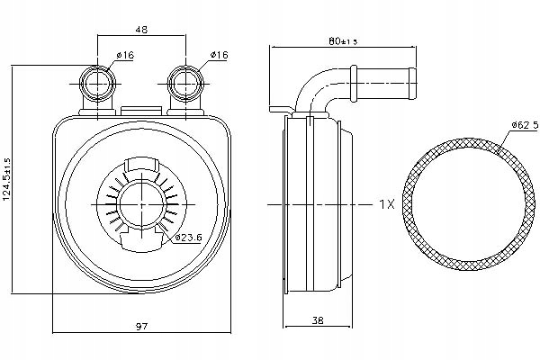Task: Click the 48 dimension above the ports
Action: (140, 28)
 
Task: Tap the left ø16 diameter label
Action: (124, 56)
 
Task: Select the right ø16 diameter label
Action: (218, 56)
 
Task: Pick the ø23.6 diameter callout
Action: (186, 238)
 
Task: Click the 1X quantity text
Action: (386, 204)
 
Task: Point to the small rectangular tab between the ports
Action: (139, 112)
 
